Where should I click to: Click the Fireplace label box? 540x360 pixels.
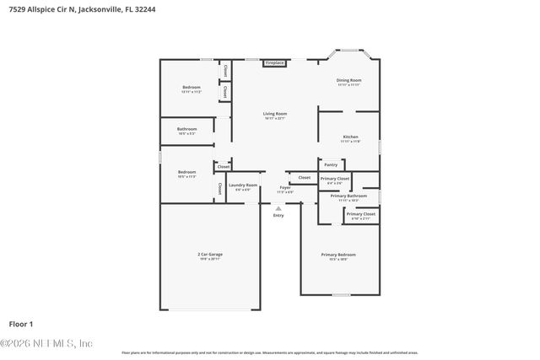tap(274, 63)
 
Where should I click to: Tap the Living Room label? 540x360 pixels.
tap(274, 114)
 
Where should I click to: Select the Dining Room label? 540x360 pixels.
tap(348, 80)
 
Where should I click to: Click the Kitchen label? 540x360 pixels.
tap(350, 137)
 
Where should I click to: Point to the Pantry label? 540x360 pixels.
tap(331, 165)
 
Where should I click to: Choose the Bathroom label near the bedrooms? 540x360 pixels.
tap(186, 129)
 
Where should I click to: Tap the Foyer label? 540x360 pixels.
tap(284, 188)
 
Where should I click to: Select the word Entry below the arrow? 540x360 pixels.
tap(278, 216)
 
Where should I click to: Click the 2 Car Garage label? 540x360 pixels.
tap(210, 254)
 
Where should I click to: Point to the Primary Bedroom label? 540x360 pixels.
tap(338, 254)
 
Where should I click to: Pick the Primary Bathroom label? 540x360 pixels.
tap(348, 196)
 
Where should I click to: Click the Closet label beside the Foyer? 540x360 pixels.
tap(304, 178)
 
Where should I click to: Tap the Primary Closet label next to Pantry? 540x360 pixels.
tap(336, 179)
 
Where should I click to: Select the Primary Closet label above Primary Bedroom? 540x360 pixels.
tap(361, 214)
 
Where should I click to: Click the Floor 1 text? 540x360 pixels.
tap(21, 324)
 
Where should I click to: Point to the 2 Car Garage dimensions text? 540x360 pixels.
tap(210, 258)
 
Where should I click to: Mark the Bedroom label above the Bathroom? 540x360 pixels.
tap(191, 88)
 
